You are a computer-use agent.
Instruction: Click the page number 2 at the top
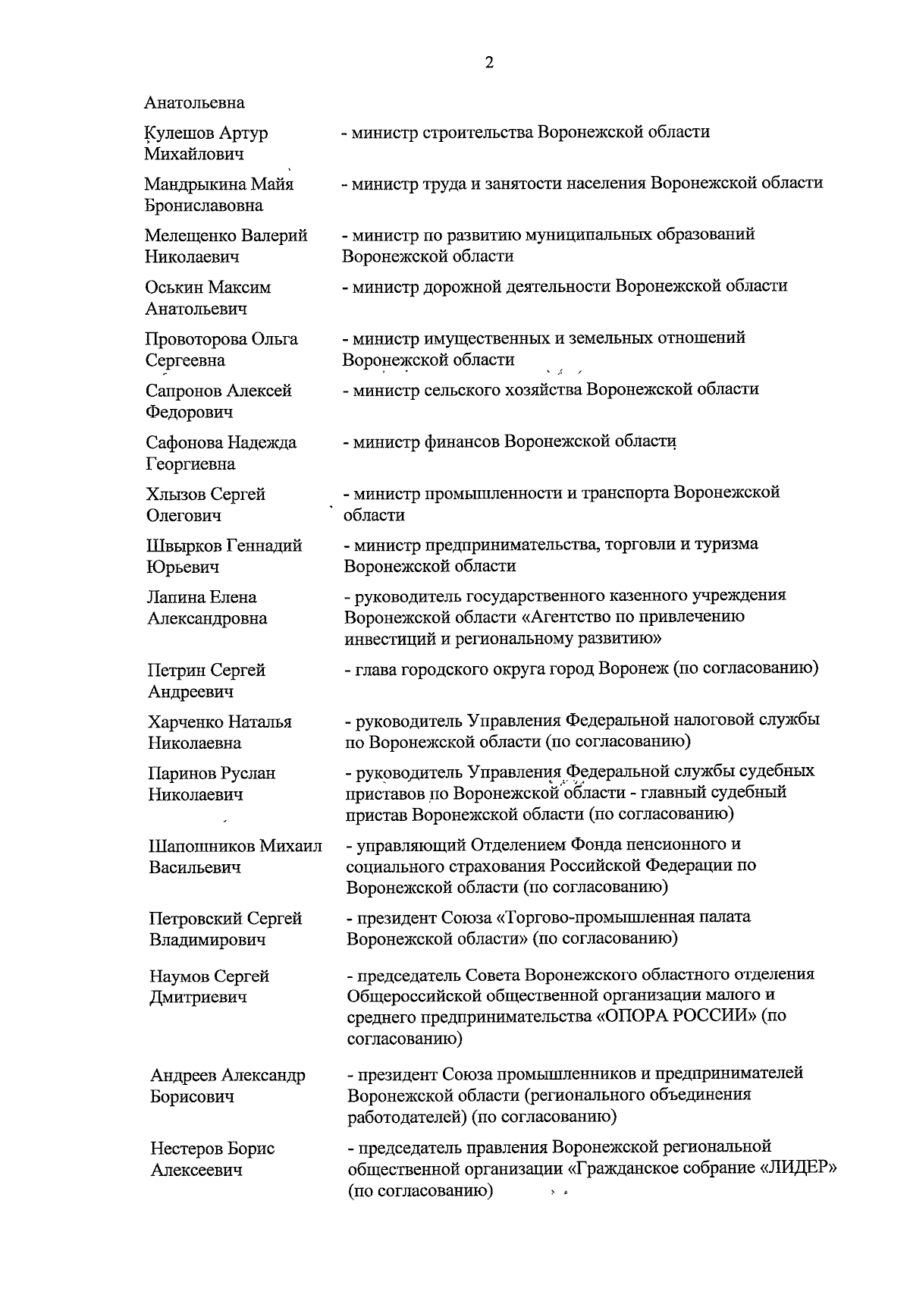[x=488, y=63]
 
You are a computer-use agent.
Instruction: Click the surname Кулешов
[x=180, y=134]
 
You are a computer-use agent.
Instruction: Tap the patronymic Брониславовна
[x=204, y=206]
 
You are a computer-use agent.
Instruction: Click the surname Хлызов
[x=174, y=495]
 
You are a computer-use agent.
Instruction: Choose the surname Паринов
[x=180, y=774]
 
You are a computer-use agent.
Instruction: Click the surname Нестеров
[x=185, y=1149]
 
